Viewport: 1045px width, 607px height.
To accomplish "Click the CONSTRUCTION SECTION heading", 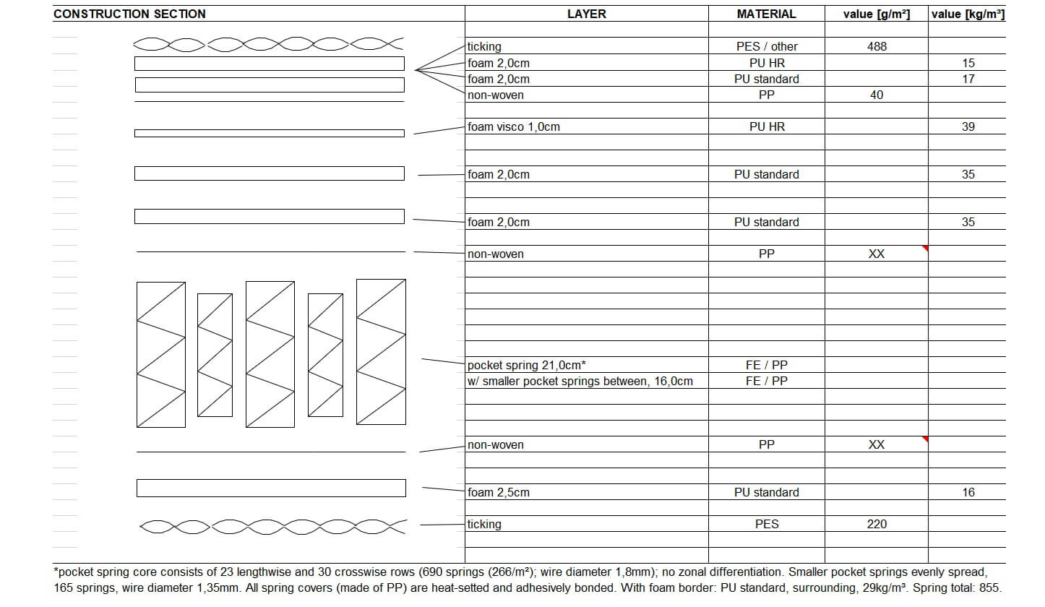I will [129, 14].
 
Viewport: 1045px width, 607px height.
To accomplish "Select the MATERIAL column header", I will [766, 14].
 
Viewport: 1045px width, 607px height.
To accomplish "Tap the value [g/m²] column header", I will [876, 14].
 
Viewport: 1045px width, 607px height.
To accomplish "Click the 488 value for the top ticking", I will [877, 46].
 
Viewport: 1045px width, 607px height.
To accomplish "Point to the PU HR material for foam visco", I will [766, 126].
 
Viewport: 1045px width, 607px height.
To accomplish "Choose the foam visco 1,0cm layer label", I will [513, 126].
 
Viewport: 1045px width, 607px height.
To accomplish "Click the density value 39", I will [968, 126].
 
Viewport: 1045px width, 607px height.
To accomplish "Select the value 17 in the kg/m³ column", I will [968, 79].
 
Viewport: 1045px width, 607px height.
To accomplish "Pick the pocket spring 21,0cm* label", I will [526, 365].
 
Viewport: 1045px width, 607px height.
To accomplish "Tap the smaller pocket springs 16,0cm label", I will [580, 381].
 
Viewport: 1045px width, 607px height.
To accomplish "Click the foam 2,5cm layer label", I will [498, 492].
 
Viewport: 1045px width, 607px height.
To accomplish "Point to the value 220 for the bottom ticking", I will [877, 524].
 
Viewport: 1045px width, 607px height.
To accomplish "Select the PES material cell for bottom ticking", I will [766, 524].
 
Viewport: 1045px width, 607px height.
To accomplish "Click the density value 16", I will [968, 492].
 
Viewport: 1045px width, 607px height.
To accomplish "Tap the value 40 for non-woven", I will [877, 95].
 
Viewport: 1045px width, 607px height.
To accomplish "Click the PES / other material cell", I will [766, 46].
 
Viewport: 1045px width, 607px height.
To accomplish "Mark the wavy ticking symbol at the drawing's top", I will [268, 44].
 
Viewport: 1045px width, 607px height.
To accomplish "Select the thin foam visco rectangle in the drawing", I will [269, 133].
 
